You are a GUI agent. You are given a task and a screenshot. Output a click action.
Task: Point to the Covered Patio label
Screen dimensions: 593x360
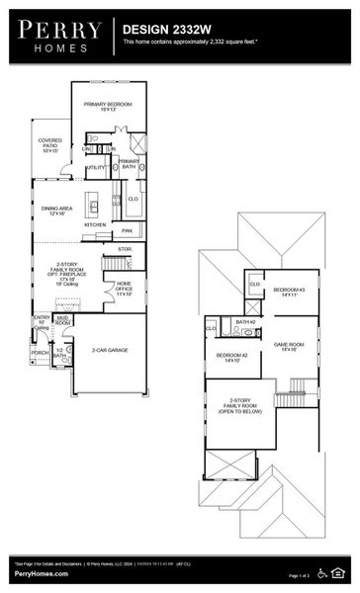50,145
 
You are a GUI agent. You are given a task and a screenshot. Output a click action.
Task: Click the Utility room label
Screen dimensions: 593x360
96,168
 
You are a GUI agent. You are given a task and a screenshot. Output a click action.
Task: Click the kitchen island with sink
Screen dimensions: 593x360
94,207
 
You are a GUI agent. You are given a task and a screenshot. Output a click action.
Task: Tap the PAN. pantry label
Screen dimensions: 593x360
127,230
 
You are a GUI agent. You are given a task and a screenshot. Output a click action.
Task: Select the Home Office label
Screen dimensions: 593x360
125,289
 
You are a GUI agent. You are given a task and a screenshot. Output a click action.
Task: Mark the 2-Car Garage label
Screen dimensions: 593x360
111,350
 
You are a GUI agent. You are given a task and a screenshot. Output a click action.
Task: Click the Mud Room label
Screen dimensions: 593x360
62,320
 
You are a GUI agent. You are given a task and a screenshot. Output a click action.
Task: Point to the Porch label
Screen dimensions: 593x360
40,352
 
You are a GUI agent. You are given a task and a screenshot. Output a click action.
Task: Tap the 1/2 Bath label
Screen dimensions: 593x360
59,353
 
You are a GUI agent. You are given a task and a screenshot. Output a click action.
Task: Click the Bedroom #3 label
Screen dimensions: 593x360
289,292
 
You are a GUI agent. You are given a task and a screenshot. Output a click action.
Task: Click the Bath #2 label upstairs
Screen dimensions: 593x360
245,322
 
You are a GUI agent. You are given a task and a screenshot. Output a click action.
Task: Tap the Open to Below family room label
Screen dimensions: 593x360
239,405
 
